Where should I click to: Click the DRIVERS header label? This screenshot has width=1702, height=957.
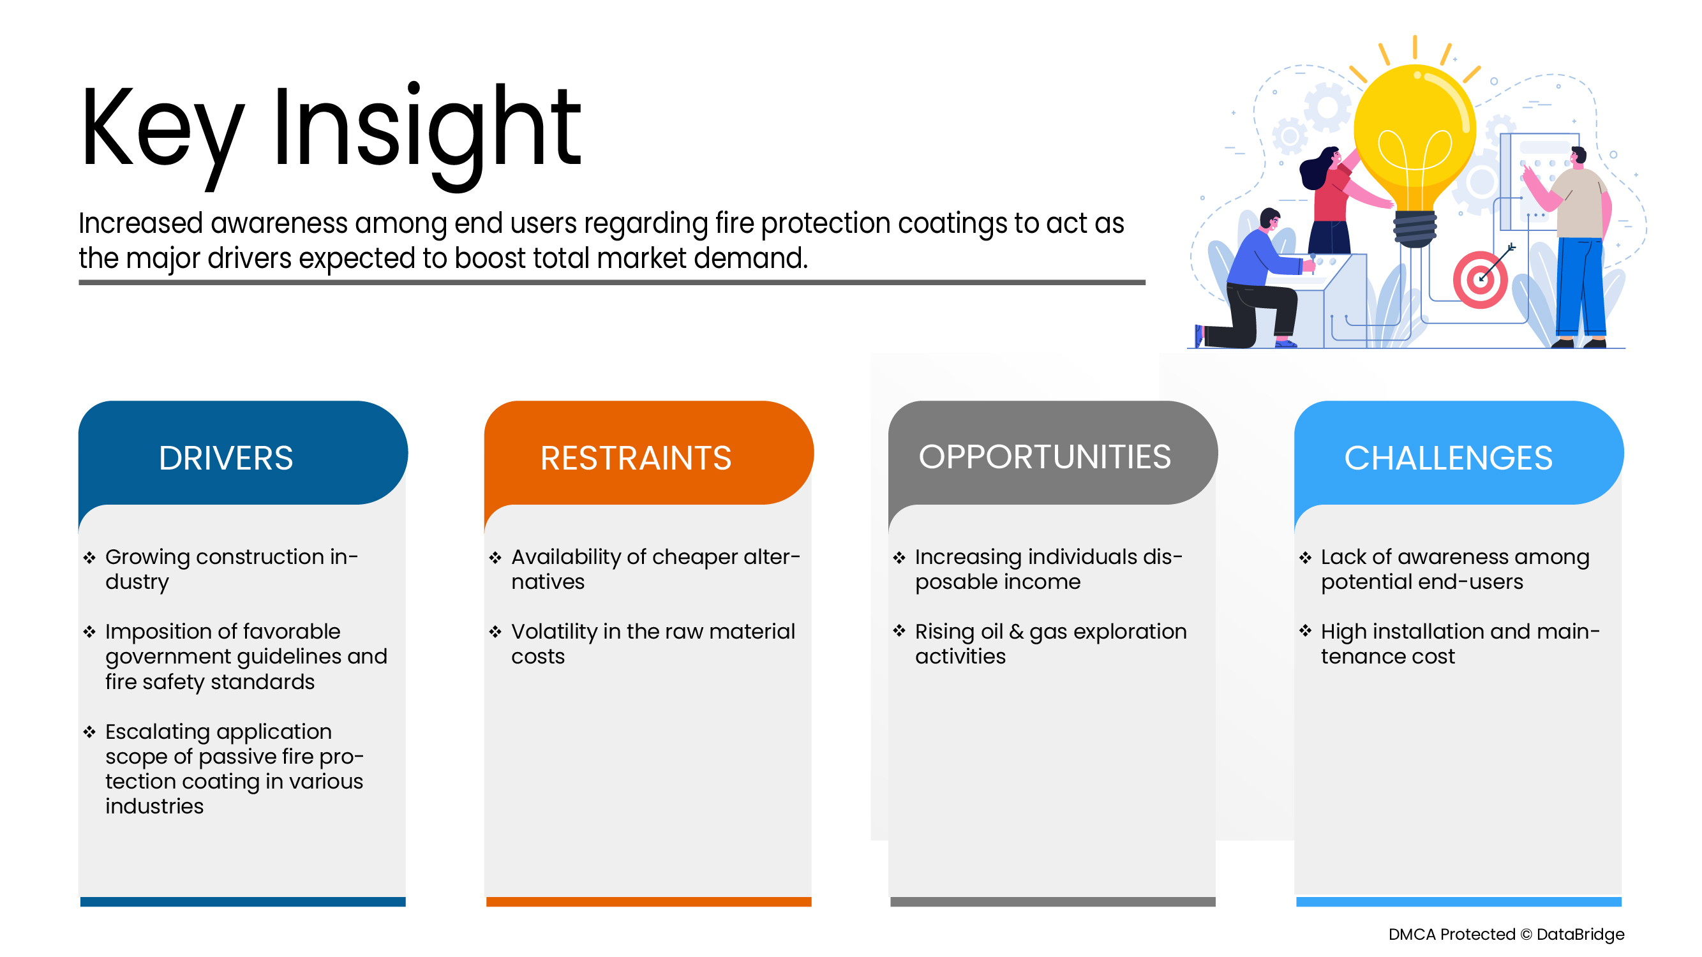(x=225, y=458)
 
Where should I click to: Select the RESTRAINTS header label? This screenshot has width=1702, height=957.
(x=636, y=458)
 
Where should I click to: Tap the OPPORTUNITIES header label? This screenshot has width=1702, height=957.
(x=1045, y=457)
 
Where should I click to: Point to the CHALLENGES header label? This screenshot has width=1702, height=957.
(x=1447, y=458)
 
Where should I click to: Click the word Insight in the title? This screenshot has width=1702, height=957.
(x=426, y=129)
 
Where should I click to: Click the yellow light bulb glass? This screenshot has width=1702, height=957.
(x=1414, y=126)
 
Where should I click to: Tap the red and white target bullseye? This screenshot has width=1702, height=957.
(x=1480, y=280)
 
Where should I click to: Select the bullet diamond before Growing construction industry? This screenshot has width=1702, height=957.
(x=90, y=558)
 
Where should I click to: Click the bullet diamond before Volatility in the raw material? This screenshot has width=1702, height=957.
(x=495, y=632)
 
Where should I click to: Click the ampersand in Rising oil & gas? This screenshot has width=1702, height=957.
(x=1016, y=632)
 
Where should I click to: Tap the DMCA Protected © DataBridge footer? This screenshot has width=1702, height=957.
(x=1506, y=935)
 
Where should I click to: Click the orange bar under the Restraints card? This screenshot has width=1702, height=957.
(x=648, y=901)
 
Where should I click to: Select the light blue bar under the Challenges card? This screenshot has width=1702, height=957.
(x=1458, y=901)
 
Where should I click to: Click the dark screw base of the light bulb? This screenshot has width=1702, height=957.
(x=1415, y=228)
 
